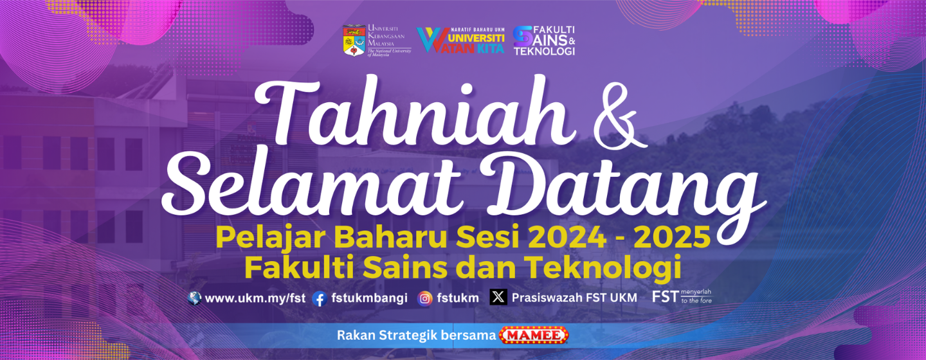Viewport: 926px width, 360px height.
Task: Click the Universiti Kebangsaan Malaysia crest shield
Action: pos(354,40)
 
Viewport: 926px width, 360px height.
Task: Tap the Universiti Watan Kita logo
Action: pos(460,40)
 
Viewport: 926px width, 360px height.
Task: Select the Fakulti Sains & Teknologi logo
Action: pos(544,40)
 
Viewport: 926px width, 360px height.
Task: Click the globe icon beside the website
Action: pos(194,298)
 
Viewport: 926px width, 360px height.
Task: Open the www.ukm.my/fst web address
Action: pos(255,298)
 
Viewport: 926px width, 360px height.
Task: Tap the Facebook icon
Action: pos(320,298)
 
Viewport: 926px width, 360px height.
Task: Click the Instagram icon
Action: pos(424,298)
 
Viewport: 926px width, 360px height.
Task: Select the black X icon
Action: pos(498,297)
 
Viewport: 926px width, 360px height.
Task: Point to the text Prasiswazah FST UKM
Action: pos(574,298)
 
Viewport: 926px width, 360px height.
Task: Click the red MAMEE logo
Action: pos(534,335)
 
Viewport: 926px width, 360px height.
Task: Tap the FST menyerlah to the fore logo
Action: pos(682,296)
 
